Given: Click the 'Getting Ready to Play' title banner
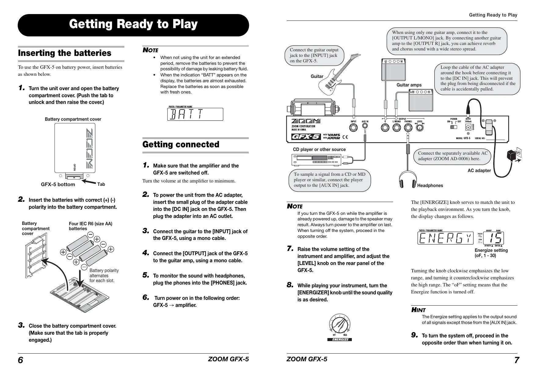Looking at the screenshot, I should click(x=133, y=24).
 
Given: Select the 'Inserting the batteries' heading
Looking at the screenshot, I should click(x=65, y=53).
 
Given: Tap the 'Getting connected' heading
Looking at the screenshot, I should click(x=181, y=144).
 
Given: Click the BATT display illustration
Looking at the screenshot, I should click(x=195, y=114).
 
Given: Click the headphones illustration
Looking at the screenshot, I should click(x=407, y=179).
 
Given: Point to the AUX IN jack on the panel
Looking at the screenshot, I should click(x=365, y=129).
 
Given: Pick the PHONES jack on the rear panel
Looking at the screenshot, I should click(x=408, y=128).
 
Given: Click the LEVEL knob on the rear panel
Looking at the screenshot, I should click(x=420, y=128).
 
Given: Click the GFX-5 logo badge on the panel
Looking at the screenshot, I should click(x=306, y=137).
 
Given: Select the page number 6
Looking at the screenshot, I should click(x=20, y=360).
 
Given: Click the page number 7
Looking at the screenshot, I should click(x=516, y=360).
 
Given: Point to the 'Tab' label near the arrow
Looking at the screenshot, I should click(x=101, y=184).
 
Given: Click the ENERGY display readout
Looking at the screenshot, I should click(x=445, y=238).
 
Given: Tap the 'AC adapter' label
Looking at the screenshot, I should click(x=479, y=171).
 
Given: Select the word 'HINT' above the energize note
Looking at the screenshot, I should click(x=418, y=310).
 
